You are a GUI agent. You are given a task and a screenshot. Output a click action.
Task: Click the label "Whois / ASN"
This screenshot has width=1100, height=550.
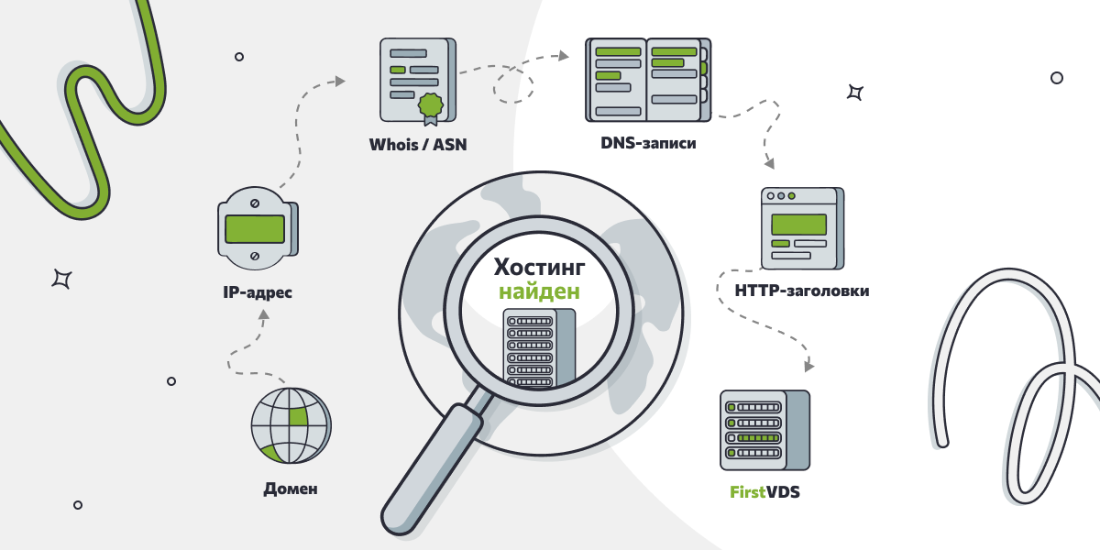(x=418, y=145)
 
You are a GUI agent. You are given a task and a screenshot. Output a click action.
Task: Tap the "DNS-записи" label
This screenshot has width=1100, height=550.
(x=648, y=143)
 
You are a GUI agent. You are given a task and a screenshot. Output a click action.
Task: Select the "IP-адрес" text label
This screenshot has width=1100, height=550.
(x=258, y=292)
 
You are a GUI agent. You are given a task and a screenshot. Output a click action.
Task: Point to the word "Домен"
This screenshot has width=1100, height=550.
(x=291, y=489)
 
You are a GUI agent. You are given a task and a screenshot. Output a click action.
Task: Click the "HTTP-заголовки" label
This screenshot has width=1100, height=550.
(x=802, y=291)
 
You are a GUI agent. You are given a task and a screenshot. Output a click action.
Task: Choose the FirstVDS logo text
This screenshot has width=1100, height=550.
(x=764, y=491)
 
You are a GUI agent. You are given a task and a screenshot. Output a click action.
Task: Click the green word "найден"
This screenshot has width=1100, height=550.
(x=539, y=291)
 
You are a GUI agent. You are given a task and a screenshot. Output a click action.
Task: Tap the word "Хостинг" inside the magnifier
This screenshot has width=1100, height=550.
(x=539, y=267)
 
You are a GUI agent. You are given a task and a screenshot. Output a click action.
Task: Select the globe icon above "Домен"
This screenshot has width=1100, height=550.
(x=291, y=425)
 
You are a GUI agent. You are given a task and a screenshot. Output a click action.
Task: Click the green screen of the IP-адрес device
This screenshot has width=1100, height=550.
(x=255, y=229)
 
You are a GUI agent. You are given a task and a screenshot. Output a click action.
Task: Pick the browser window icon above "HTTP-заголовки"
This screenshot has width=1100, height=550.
(x=802, y=228)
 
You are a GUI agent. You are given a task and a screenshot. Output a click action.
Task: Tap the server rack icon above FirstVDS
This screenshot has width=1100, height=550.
(x=765, y=430)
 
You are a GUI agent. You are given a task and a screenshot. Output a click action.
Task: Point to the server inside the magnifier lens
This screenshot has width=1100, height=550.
(x=539, y=347)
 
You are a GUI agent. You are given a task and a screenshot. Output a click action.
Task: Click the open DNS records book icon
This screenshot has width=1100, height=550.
(x=648, y=80)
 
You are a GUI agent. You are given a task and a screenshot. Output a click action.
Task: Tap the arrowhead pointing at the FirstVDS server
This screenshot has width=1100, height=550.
(x=808, y=366)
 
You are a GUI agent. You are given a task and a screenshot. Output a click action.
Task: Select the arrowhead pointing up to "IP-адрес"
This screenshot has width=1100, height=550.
(x=264, y=314)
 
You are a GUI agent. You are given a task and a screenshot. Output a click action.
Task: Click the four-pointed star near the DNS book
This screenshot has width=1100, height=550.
(x=855, y=93)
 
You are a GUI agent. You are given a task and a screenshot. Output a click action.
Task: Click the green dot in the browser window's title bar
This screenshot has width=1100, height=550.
(x=792, y=196)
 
